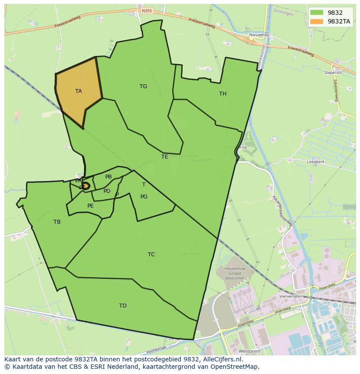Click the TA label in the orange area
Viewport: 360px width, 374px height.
(x=78, y=91)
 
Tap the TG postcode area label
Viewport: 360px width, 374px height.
(x=143, y=86)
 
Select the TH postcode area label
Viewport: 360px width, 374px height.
(x=223, y=94)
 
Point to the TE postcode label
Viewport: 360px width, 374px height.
(x=164, y=157)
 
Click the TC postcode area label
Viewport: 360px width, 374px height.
(x=151, y=255)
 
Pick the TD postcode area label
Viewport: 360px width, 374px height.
(x=123, y=306)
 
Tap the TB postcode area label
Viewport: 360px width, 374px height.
(x=57, y=222)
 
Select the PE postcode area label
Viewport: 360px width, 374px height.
(x=90, y=206)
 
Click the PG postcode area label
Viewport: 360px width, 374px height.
(x=144, y=197)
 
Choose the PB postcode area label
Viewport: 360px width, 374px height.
(x=108, y=177)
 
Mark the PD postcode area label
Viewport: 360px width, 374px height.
(x=107, y=191)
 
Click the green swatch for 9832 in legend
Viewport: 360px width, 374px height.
(x=317, y=13)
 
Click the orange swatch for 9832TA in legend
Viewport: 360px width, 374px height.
(x=317, y=21)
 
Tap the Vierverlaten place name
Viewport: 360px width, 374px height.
(x=291, y=296)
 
